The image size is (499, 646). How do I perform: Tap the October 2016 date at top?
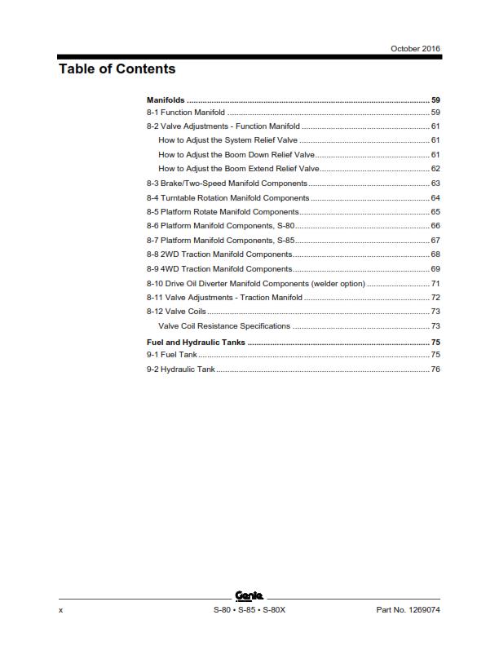pos(416,49)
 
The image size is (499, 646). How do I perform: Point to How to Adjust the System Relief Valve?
pos(227,140)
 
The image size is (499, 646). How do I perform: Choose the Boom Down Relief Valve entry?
pos(236,154)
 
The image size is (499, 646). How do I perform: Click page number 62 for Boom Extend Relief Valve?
pos(435,169)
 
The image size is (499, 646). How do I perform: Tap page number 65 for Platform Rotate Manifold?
pos(435,211)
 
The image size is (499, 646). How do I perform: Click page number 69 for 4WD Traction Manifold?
pos(435,268)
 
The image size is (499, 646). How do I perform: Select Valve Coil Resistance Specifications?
pos(223,325)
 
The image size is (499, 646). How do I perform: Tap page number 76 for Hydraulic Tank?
pos(435,369)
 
